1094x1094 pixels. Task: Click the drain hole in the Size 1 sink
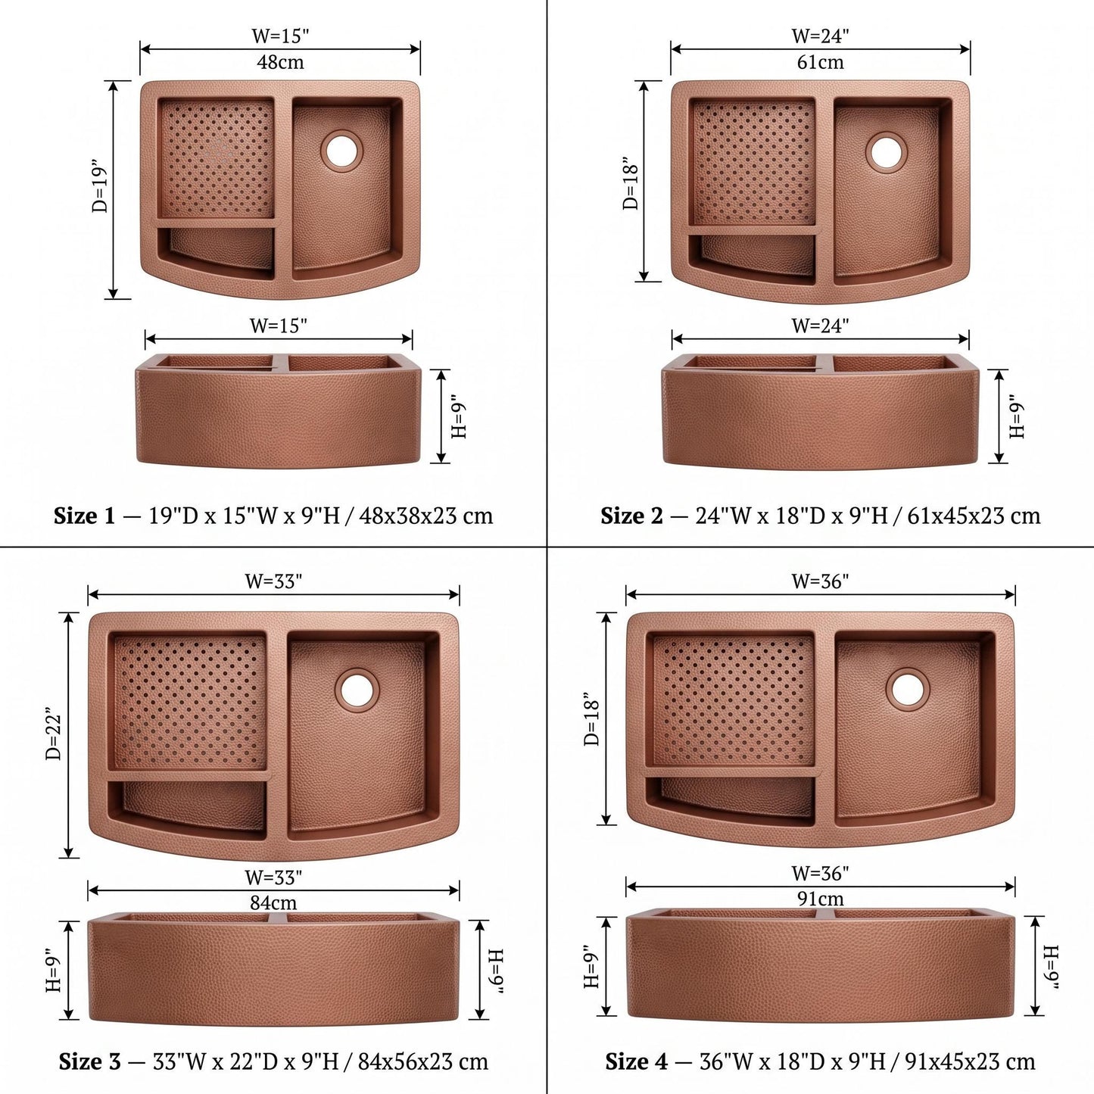(x=341, y=150)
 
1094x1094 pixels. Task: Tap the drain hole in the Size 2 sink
(x=886, y=151)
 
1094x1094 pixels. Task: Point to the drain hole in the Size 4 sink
(x=908, y=689)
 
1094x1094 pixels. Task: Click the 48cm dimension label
(x=280, y=61)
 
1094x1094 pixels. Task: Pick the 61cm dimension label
(x=821, y=61)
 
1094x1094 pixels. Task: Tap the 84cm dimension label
(x=273, y=902)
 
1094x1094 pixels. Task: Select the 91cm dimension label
(x=821, y=899)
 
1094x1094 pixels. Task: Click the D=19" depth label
(x=98, y=189)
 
